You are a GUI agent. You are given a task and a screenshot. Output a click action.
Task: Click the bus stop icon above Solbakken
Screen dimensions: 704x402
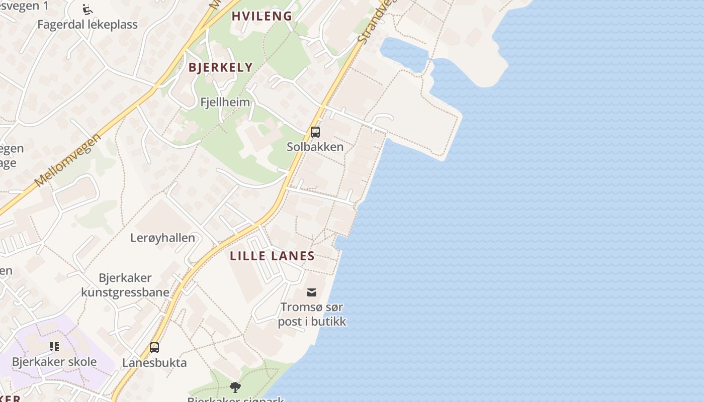tap(315, 132)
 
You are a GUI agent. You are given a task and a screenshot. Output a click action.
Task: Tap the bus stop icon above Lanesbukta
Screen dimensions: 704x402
tap(154, 348)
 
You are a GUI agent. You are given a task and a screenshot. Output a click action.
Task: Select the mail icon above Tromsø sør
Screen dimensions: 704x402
tap(312, 292)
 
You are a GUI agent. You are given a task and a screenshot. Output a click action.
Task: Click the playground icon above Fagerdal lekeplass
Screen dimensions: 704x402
tap(87, 9)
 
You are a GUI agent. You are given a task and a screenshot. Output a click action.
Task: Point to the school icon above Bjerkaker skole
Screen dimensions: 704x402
tap(54, 347)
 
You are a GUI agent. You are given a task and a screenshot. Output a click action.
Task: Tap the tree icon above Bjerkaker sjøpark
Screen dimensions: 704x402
tap(235, 387)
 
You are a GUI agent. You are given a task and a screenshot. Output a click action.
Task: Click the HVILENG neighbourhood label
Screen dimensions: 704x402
tap(261, 16)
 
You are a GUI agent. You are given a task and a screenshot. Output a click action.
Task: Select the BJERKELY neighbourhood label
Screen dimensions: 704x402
tap(220, 68)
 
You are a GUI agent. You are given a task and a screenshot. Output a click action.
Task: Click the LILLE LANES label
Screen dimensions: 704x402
tap(272, 256)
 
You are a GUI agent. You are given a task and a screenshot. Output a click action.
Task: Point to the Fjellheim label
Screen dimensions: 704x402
tap(225, 103)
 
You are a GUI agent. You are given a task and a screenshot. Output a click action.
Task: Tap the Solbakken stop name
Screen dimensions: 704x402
tap(315, 147)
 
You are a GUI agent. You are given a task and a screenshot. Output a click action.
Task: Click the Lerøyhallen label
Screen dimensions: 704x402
tap(162, 238)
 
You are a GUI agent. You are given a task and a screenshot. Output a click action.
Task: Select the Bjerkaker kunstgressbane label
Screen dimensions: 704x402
tap(125, 285)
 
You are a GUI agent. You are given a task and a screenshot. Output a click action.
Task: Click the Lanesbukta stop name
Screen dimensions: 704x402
tap(154, 363)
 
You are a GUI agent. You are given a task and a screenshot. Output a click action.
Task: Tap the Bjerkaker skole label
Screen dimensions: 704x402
tap(54, 362)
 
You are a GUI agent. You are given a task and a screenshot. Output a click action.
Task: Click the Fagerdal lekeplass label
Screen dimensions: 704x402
tap(87, 24)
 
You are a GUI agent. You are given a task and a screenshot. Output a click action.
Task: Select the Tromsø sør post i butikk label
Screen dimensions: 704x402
tap(312, 315)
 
